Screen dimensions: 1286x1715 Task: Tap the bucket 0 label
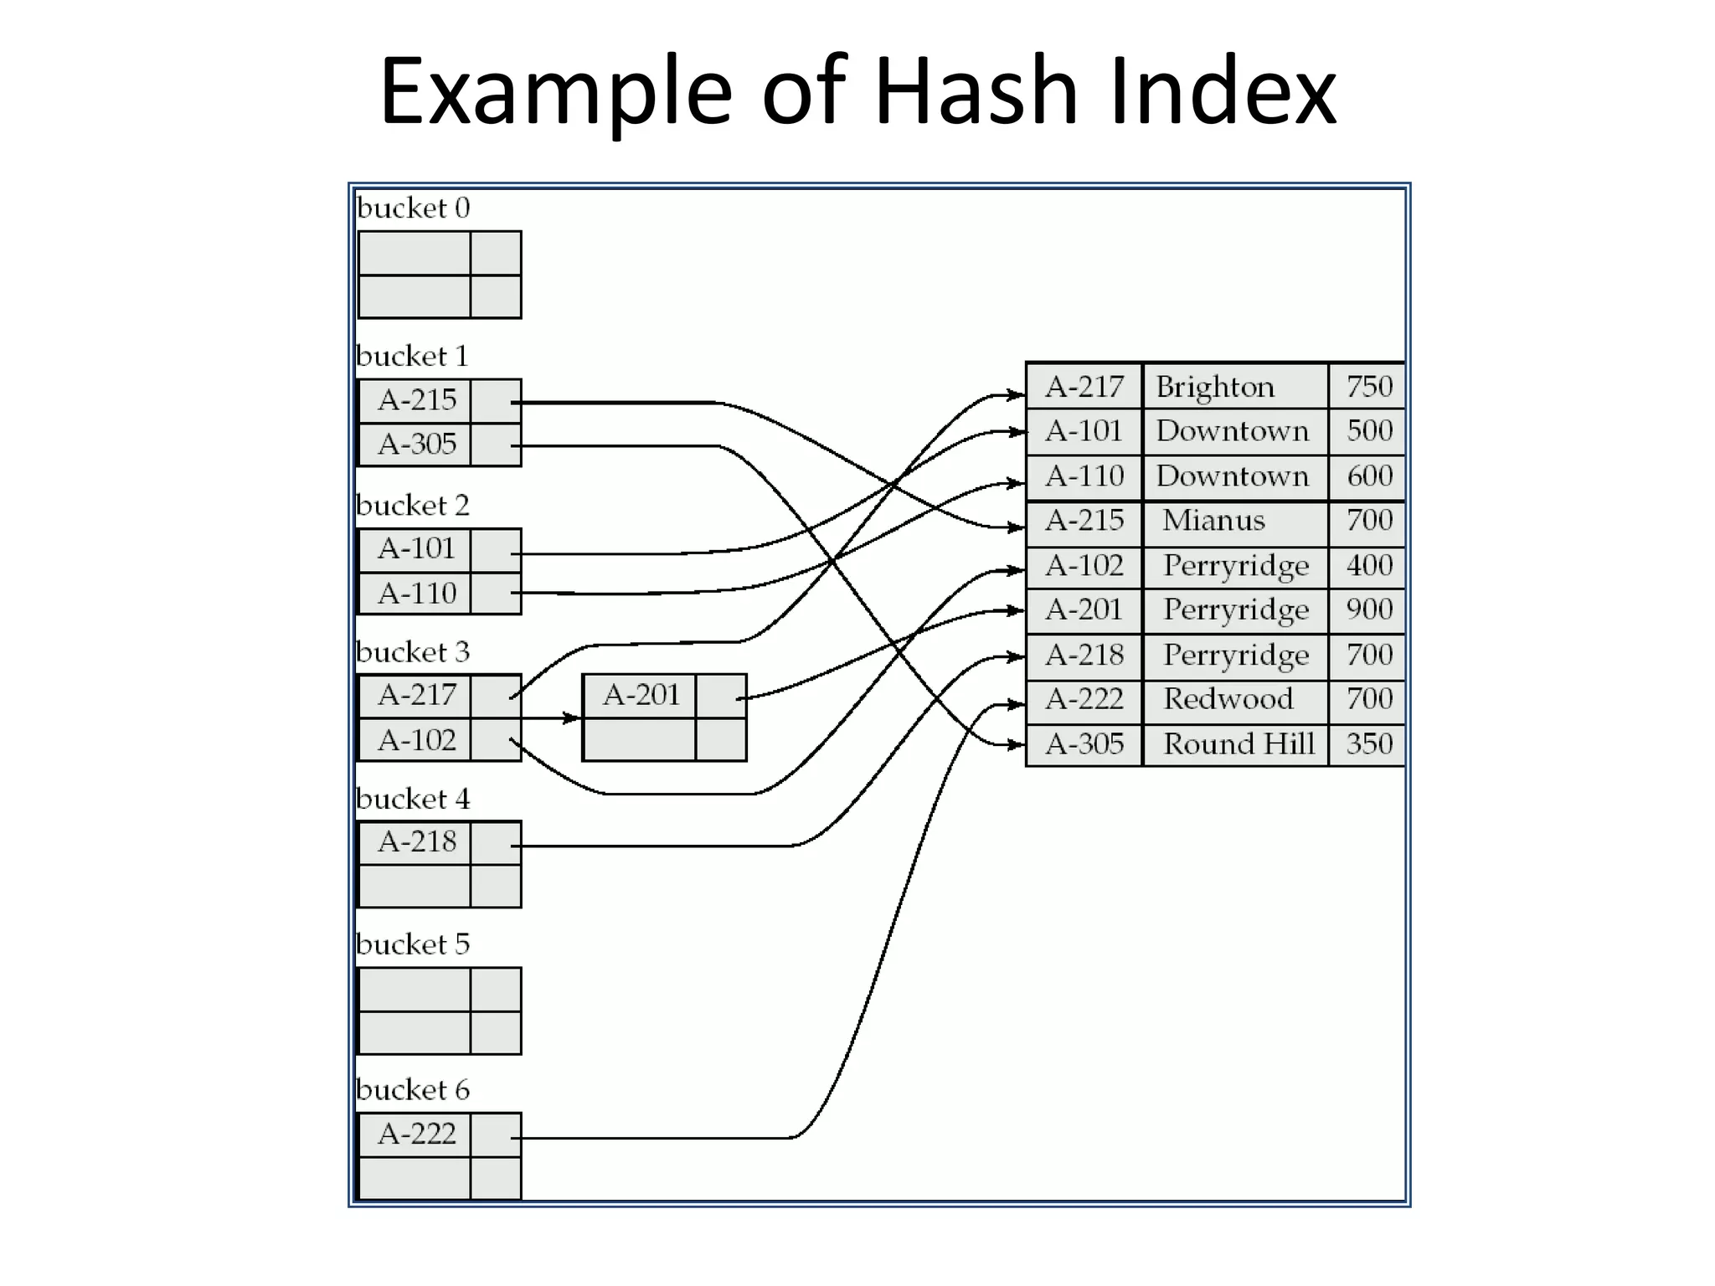pyautogui.click(x=413, y=208)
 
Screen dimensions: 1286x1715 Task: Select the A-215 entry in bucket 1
pyautogui.click(x=416, y=400)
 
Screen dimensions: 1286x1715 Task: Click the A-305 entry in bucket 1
pyautogui.click(x=416, y=444)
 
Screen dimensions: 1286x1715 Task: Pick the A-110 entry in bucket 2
pyautogui.click(x=416, y=594)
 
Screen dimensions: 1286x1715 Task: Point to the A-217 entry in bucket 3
pyautogui.click(x=416, y=695)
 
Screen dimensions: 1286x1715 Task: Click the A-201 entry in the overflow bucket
pyautogui.click(x=641, y=695)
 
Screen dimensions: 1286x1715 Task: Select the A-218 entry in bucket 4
pyautogui.click(x=416, y=841)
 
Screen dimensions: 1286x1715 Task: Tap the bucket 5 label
pyautogui.click(x=413, y=944)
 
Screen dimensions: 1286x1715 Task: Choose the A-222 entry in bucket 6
pyautogui.click(x=416, y=1134)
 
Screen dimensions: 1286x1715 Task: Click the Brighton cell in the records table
pyautogui.click(x=1215, y=387)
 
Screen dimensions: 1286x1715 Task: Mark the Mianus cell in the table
pyautogui.click(x=1213, y=521)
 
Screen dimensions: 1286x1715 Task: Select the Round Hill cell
pyautogui.click(x=1239, y=744)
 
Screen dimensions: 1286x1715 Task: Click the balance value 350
pyautogui.click(x=1368, y=744)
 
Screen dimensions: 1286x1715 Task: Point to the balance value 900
pyautogui.click(x=1368, y=610)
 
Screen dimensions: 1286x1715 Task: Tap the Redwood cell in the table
pyautogui.click(x=1228, y=699)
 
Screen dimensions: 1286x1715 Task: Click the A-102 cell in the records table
pyautogui.click(x=1084, y=566)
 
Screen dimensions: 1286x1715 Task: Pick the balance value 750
pyautogui.click(x=1368, y=387)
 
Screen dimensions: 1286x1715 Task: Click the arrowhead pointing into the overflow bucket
pyautogui.click(x=572, y=718)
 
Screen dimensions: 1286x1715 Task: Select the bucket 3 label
pyautogui.click(x=413, y=652)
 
